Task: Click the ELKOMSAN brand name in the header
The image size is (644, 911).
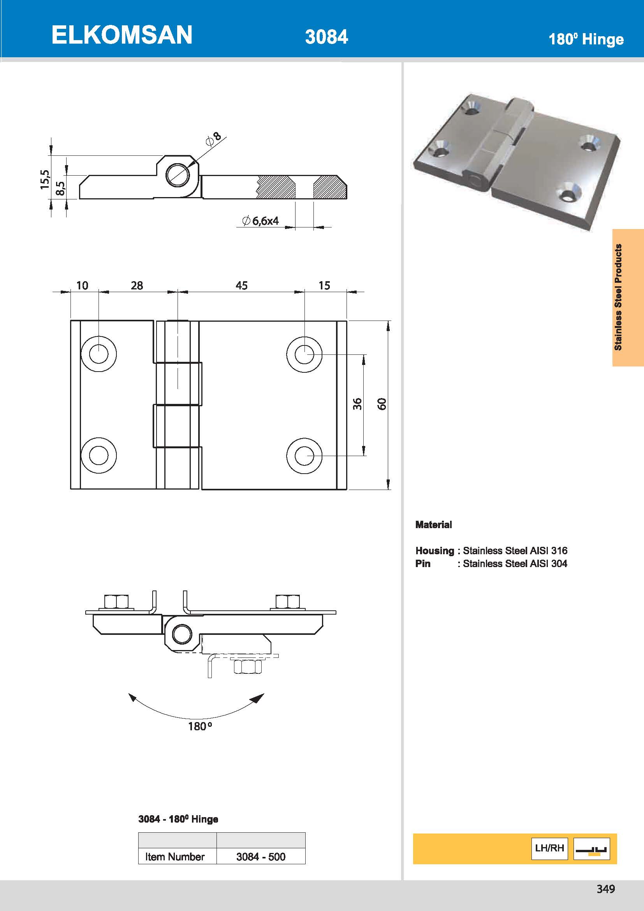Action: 122,35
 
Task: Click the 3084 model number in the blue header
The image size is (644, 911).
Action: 326,37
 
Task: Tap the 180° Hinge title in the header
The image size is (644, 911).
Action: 586,39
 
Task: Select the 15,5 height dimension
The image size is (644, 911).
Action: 45,179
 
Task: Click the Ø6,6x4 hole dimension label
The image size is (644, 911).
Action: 260,221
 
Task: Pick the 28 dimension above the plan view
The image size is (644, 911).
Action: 137,285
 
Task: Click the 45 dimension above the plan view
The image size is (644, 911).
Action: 241,285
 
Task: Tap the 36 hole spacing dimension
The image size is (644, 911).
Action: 357,404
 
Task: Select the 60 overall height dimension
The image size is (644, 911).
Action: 382,404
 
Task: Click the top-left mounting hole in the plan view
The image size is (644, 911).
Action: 99,354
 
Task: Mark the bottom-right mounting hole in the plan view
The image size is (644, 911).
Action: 304,456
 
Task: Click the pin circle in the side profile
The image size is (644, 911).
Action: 177,175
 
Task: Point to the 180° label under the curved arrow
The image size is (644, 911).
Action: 199,726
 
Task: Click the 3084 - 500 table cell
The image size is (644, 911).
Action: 260,856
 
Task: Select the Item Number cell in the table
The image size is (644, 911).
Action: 175,856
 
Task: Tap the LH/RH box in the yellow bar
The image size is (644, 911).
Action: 549,848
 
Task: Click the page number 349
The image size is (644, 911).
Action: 605,889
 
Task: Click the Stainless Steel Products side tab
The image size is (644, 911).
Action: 618,297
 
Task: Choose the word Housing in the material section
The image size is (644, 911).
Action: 434,551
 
